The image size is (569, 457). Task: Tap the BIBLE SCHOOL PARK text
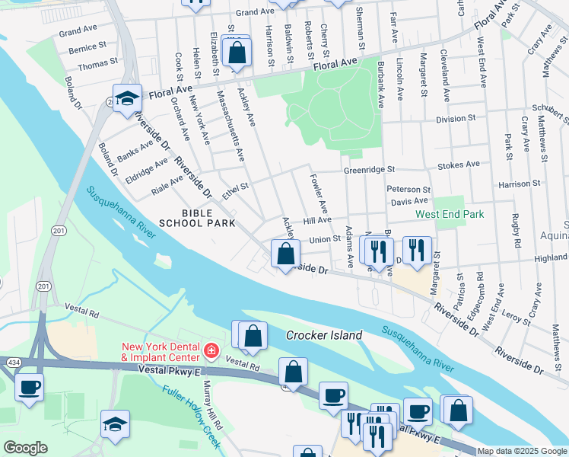point(192,217)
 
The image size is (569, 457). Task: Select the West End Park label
point(449,214)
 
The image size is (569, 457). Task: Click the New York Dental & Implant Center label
point(161,352)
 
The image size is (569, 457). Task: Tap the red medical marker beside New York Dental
point(211,352)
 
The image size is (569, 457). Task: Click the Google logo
point(25,448)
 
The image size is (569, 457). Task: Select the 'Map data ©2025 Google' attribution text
point(522,451)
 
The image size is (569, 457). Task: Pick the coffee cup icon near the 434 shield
point(30,387)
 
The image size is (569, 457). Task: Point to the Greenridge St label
point(369,170)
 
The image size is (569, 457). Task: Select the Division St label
point(455,119)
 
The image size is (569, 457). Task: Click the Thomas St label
point(97,64)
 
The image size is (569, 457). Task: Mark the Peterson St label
point(408,189)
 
